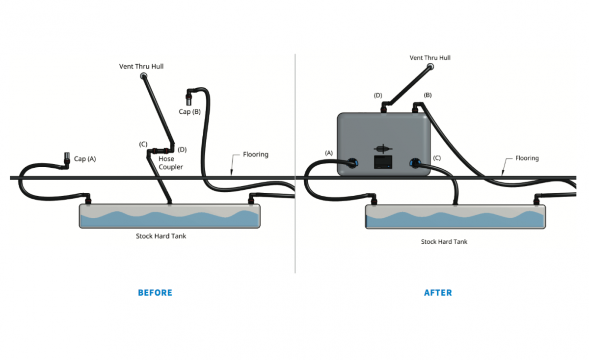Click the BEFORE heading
coord(155,293)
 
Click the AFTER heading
coord(438,293)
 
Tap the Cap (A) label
coord(85,159)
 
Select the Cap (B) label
coord(189,112)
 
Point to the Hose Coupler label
coord(171,163)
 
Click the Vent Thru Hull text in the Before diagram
coord(141,66)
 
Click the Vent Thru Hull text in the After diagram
coord(430,58)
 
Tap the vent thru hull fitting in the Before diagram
coord(144,76)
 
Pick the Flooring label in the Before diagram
coord(255,154)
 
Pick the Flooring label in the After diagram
coord(527,158)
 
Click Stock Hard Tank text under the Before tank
coord(161,236)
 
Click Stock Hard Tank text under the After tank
coord(444,242)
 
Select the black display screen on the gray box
coord(382,162)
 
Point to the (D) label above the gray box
coord(378,95)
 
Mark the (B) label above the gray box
coord(428,95)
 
